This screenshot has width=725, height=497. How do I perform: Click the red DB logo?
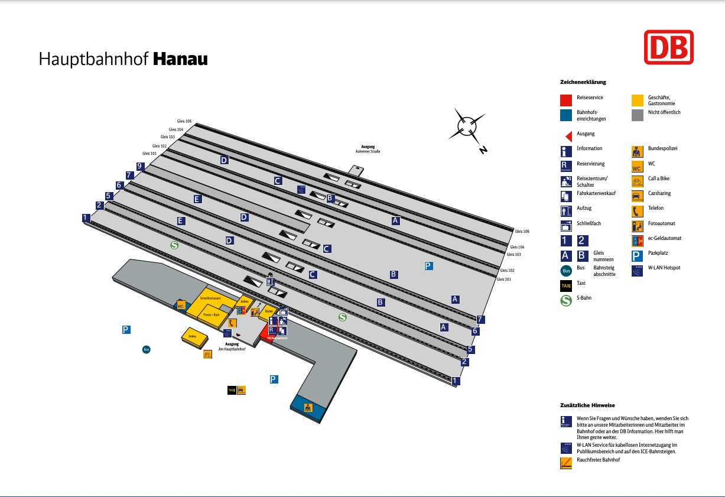pos(668,47)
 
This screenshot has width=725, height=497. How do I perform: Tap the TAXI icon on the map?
pos(232,390)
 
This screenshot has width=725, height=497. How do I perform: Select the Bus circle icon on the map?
pos(147,349)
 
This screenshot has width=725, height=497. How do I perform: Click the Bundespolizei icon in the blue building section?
pos(308,408)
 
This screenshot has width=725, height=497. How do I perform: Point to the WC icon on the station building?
pos(180,306)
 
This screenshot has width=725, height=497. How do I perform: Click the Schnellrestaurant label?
pos(210,298)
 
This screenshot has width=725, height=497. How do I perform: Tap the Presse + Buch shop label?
pos(211,315)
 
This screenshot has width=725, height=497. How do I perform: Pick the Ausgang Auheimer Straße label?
pos(368,149)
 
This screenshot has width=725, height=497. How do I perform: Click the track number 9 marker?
pos(140,166)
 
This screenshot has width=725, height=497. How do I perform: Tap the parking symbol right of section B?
pos(428,266)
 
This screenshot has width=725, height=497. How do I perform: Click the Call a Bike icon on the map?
pos(207,355)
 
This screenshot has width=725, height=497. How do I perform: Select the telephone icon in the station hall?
pos(233,323)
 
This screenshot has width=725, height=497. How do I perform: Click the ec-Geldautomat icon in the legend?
pos(637,241)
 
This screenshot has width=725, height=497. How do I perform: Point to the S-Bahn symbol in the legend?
pos(565,298)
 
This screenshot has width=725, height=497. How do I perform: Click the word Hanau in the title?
pos(180,60)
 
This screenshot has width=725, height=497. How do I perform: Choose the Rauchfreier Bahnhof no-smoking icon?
pos(565,463)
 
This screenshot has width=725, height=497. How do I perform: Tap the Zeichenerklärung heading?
pos(583,82)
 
